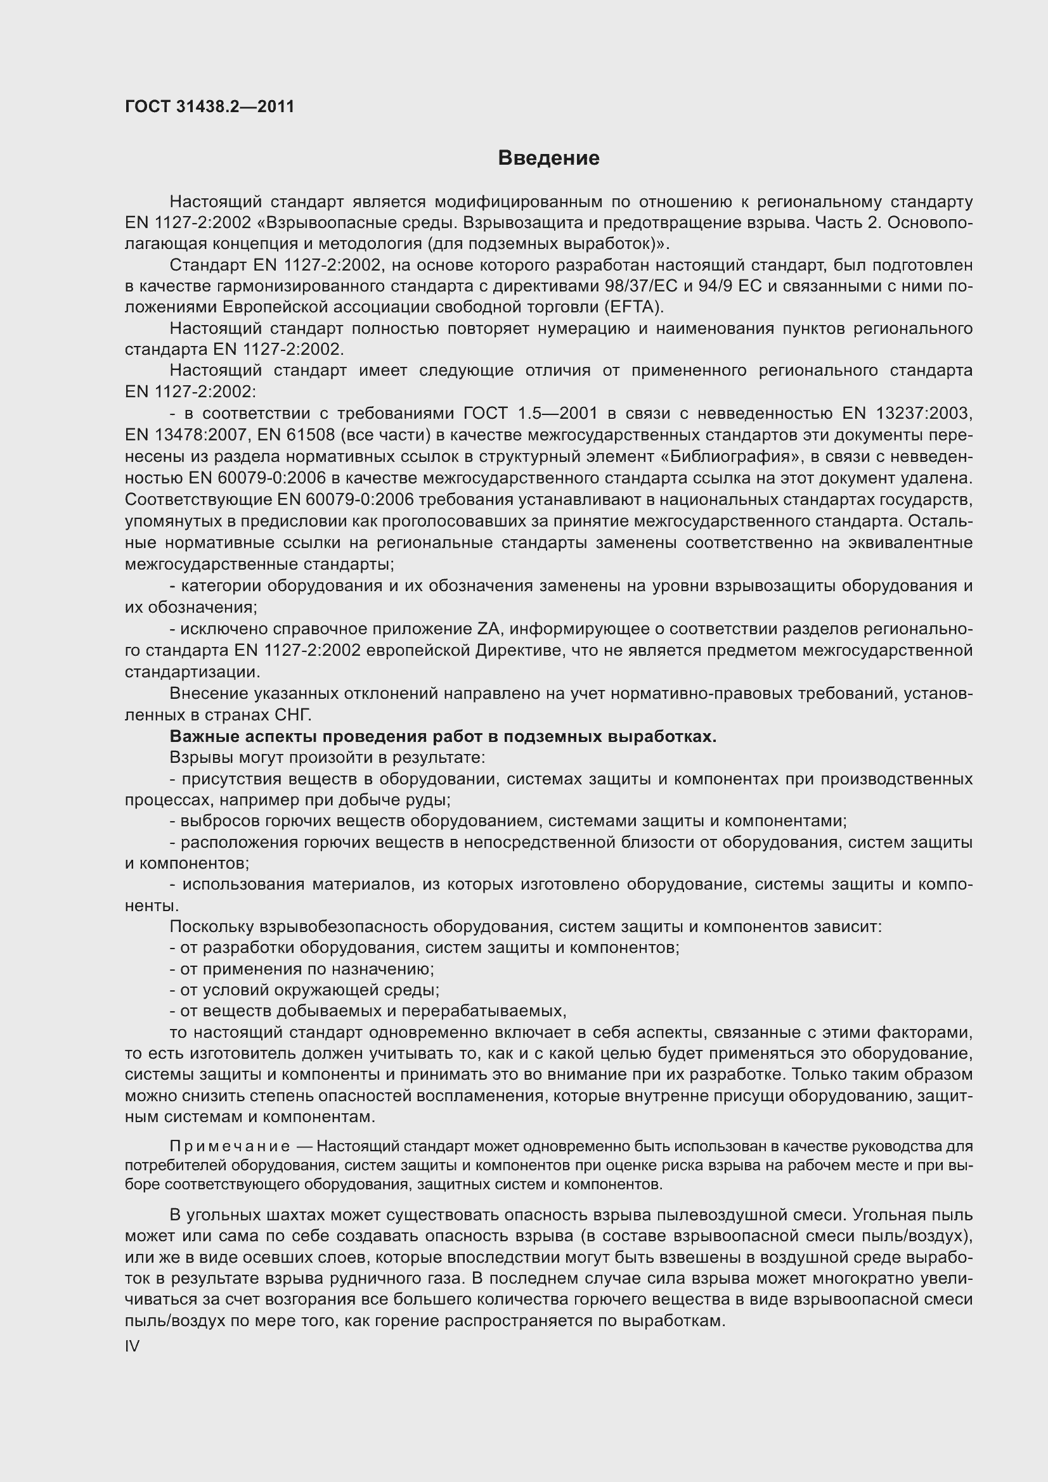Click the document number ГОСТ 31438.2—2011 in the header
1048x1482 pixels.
[209, 106]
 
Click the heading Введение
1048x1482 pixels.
[548, 158]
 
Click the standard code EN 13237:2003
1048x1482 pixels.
[907, 413]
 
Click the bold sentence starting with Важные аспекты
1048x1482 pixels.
[443, 736]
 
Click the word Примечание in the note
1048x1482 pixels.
[230, 1146]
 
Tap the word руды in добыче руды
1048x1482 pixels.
[429, 800]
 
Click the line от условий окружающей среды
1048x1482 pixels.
[304, 990]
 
